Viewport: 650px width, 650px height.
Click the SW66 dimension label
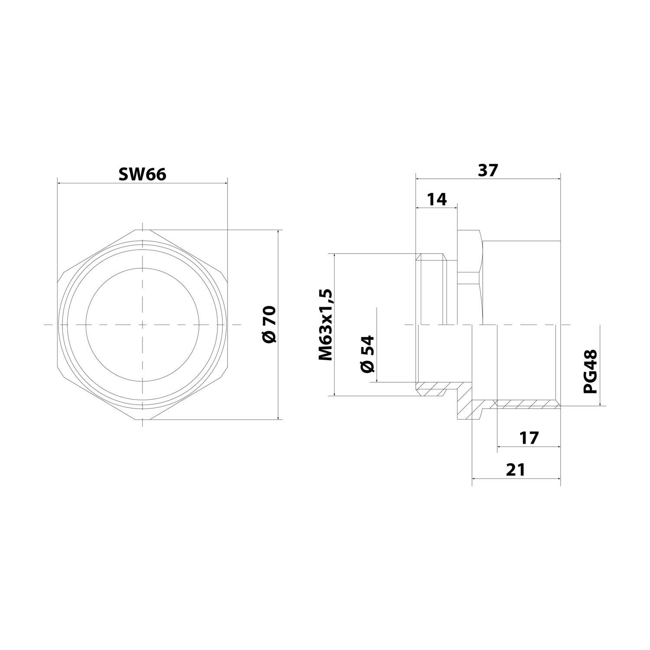142,174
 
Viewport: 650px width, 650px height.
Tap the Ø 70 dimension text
269,325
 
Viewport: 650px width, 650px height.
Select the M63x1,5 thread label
326,325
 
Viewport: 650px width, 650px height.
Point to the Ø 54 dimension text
367,353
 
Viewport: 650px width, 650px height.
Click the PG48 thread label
590,372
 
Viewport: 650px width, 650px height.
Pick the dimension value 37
488,170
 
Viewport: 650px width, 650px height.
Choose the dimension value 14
436,199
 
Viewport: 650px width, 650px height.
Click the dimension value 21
516,469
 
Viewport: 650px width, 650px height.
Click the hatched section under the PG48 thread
526,404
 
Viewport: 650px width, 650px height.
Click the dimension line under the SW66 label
142,183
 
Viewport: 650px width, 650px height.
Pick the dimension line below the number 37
488,178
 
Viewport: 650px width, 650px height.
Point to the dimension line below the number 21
516,478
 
